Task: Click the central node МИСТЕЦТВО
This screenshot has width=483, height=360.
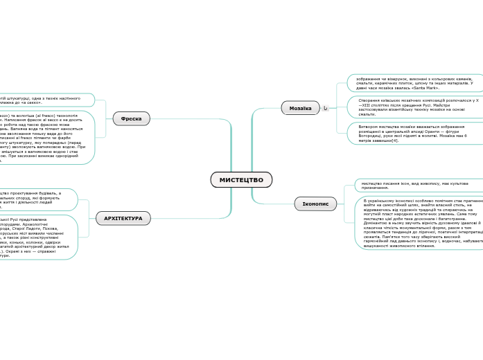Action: pos(241,180)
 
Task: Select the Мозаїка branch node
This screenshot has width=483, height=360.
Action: pos(300,108)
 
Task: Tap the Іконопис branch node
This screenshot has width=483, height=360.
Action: pos(315,204)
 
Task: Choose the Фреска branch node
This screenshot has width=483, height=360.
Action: pos(131,118)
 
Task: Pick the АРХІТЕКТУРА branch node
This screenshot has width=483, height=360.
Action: pos(123,218)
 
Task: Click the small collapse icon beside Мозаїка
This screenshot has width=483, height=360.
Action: pos(325,108)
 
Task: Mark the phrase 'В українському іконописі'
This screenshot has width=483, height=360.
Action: pos(388,200)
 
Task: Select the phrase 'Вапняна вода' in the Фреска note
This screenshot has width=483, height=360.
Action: pos(28,129)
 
